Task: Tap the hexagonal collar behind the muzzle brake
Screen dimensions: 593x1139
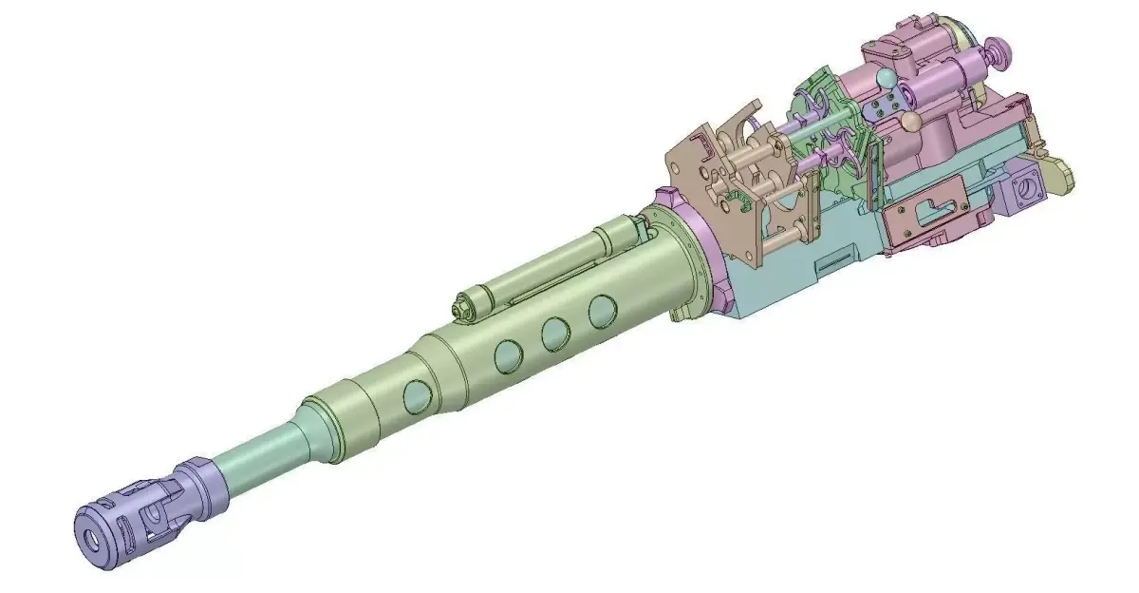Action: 197,485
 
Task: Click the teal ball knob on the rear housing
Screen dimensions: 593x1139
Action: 885,79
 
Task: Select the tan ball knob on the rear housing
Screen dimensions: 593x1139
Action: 910,121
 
